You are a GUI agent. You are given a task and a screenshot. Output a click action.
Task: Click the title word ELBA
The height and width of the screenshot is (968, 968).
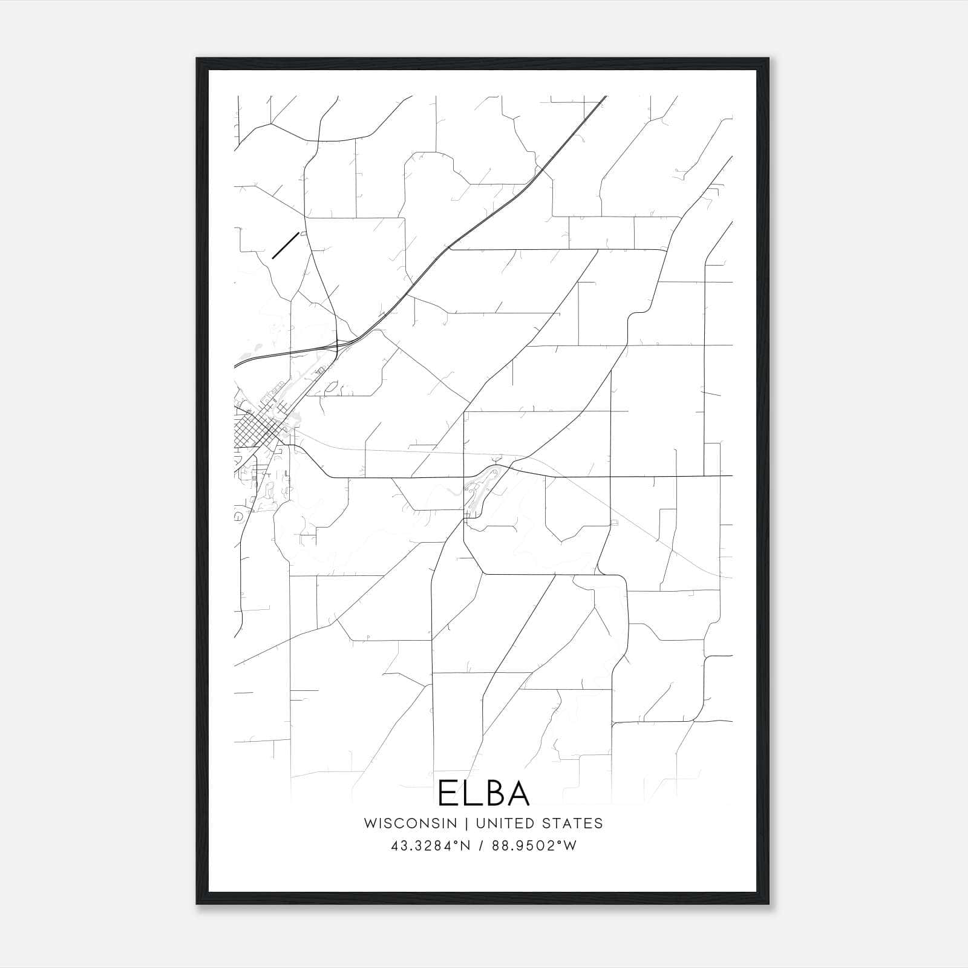(x=483, y=793)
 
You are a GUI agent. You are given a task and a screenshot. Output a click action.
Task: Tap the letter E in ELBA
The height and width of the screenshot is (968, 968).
(x=448, y=793)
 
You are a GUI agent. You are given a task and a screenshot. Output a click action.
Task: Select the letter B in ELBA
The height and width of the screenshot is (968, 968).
(x=494, y=793)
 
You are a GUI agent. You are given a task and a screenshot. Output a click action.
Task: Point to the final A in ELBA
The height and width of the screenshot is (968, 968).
(x=519, y=793)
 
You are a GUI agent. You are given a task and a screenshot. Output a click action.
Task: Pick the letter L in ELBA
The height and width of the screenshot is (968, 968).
(x=470, y=793)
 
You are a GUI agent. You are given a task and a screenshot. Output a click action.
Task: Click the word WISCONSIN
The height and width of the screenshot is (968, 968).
(x=410, y=823)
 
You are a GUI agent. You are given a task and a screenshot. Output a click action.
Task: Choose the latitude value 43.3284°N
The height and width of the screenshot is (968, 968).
(x=430, y=846)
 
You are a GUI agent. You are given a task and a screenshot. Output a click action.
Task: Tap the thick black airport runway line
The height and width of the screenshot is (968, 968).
(x=285, y=246)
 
